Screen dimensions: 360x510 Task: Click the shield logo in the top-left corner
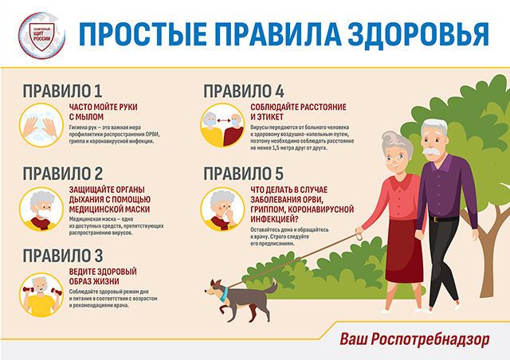point(35,33)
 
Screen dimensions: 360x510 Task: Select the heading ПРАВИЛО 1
point(63,90)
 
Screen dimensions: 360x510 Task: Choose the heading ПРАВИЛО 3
point(63,256)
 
